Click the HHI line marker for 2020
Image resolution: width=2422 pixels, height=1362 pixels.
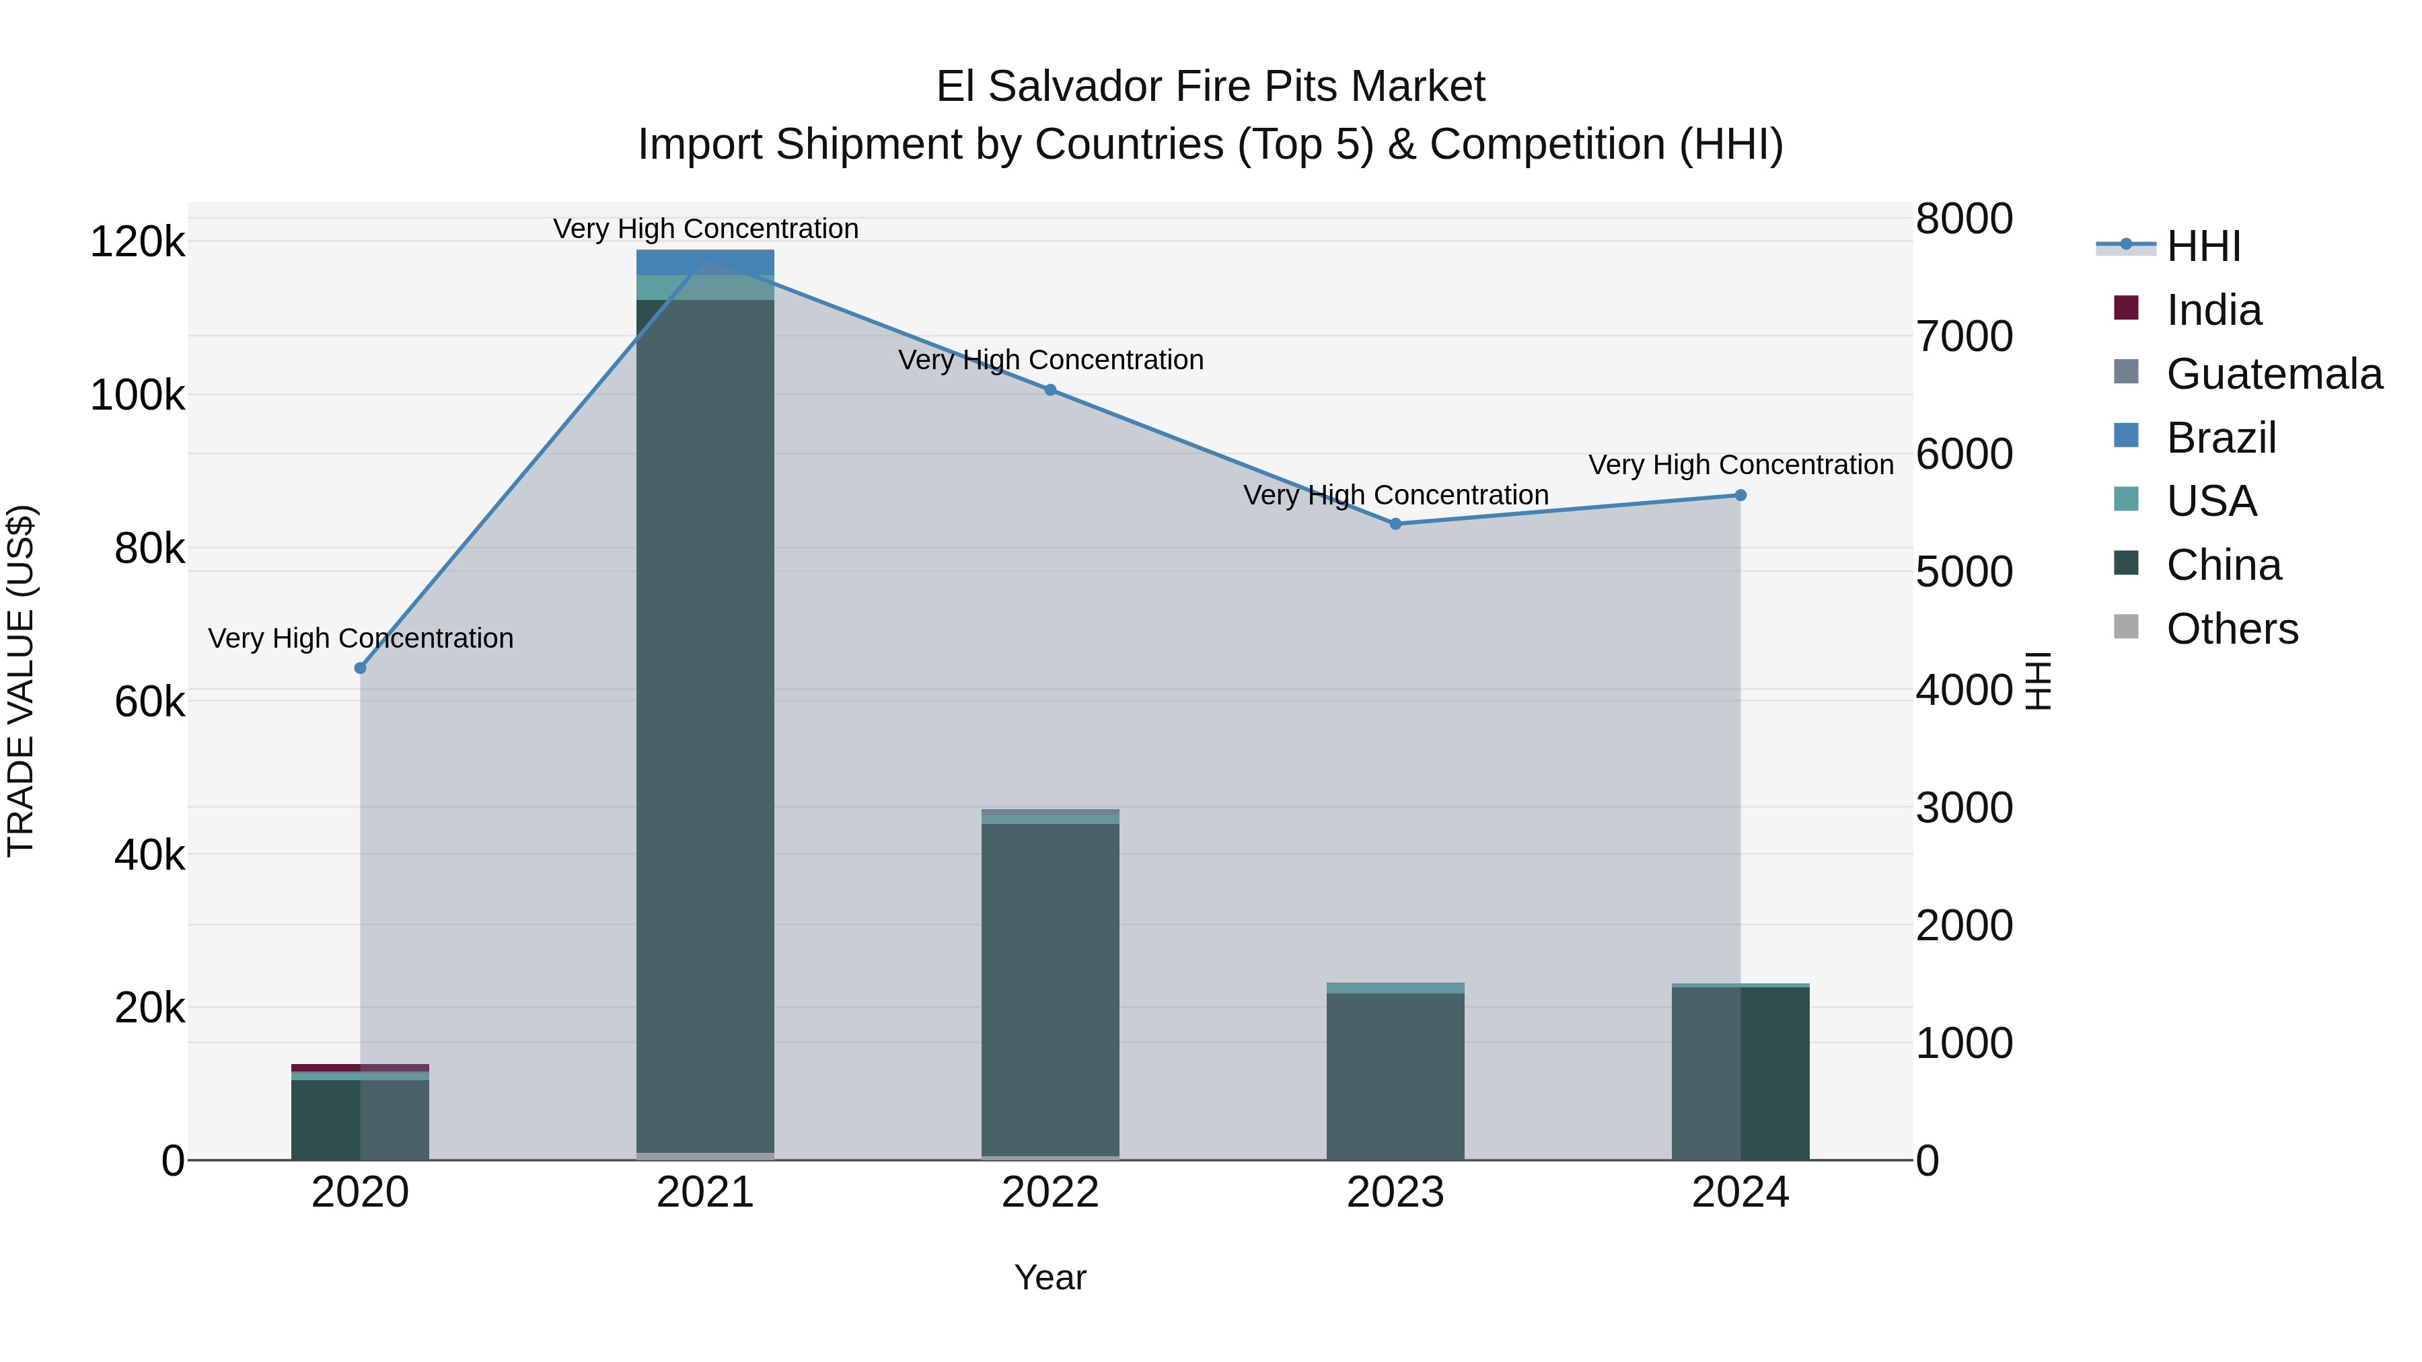point(360,669)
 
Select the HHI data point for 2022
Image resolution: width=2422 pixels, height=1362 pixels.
point(1050,390)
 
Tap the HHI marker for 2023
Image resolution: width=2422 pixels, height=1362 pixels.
point(1395,523)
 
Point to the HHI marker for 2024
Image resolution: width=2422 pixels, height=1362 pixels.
point(1740,495)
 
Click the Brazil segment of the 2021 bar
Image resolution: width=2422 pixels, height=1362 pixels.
point(705,262)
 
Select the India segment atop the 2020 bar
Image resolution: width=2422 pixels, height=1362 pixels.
point(360,1068)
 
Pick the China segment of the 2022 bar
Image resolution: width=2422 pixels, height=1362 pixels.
point(1050,987)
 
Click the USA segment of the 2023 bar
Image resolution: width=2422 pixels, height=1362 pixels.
point(1395,988)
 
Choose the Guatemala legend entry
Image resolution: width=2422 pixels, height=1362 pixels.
point(2273,374)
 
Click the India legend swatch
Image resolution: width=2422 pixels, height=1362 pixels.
point(2126,308)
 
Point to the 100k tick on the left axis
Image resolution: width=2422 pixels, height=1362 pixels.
point(137,395)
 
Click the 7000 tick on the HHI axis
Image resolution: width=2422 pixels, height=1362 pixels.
point(1964,336)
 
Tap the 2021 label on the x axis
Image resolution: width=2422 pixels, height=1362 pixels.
point(705,1193)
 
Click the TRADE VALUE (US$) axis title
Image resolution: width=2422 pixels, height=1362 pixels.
point(21,681)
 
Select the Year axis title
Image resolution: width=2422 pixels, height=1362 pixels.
point(1050,1277)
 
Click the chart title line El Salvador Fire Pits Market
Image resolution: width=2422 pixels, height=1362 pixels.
point(1210,87)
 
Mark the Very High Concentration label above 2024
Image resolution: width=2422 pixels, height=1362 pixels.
point(1740,465)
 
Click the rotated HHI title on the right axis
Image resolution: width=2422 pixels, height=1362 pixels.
point(2037,681)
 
